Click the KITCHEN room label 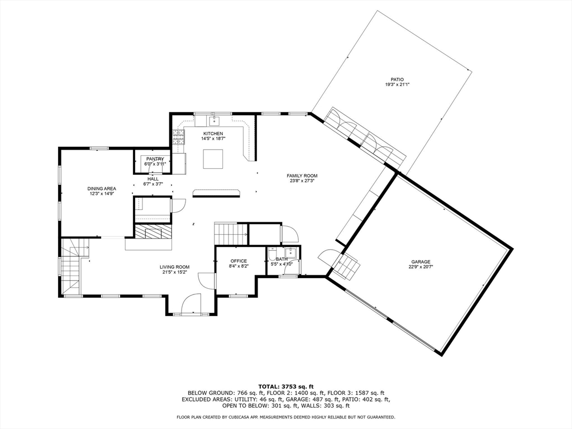(213, 134)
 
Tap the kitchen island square (213, 159)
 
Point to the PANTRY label (155, 159)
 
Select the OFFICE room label (239, 261)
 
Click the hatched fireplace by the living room (149, 232)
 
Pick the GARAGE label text (421, 261)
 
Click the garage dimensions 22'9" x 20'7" (421, 267)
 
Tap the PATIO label (397, 79)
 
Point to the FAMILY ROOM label (302, 176)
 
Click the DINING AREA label (102, 189)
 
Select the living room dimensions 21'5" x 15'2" (175, 273)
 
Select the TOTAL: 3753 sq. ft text (285, 387)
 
